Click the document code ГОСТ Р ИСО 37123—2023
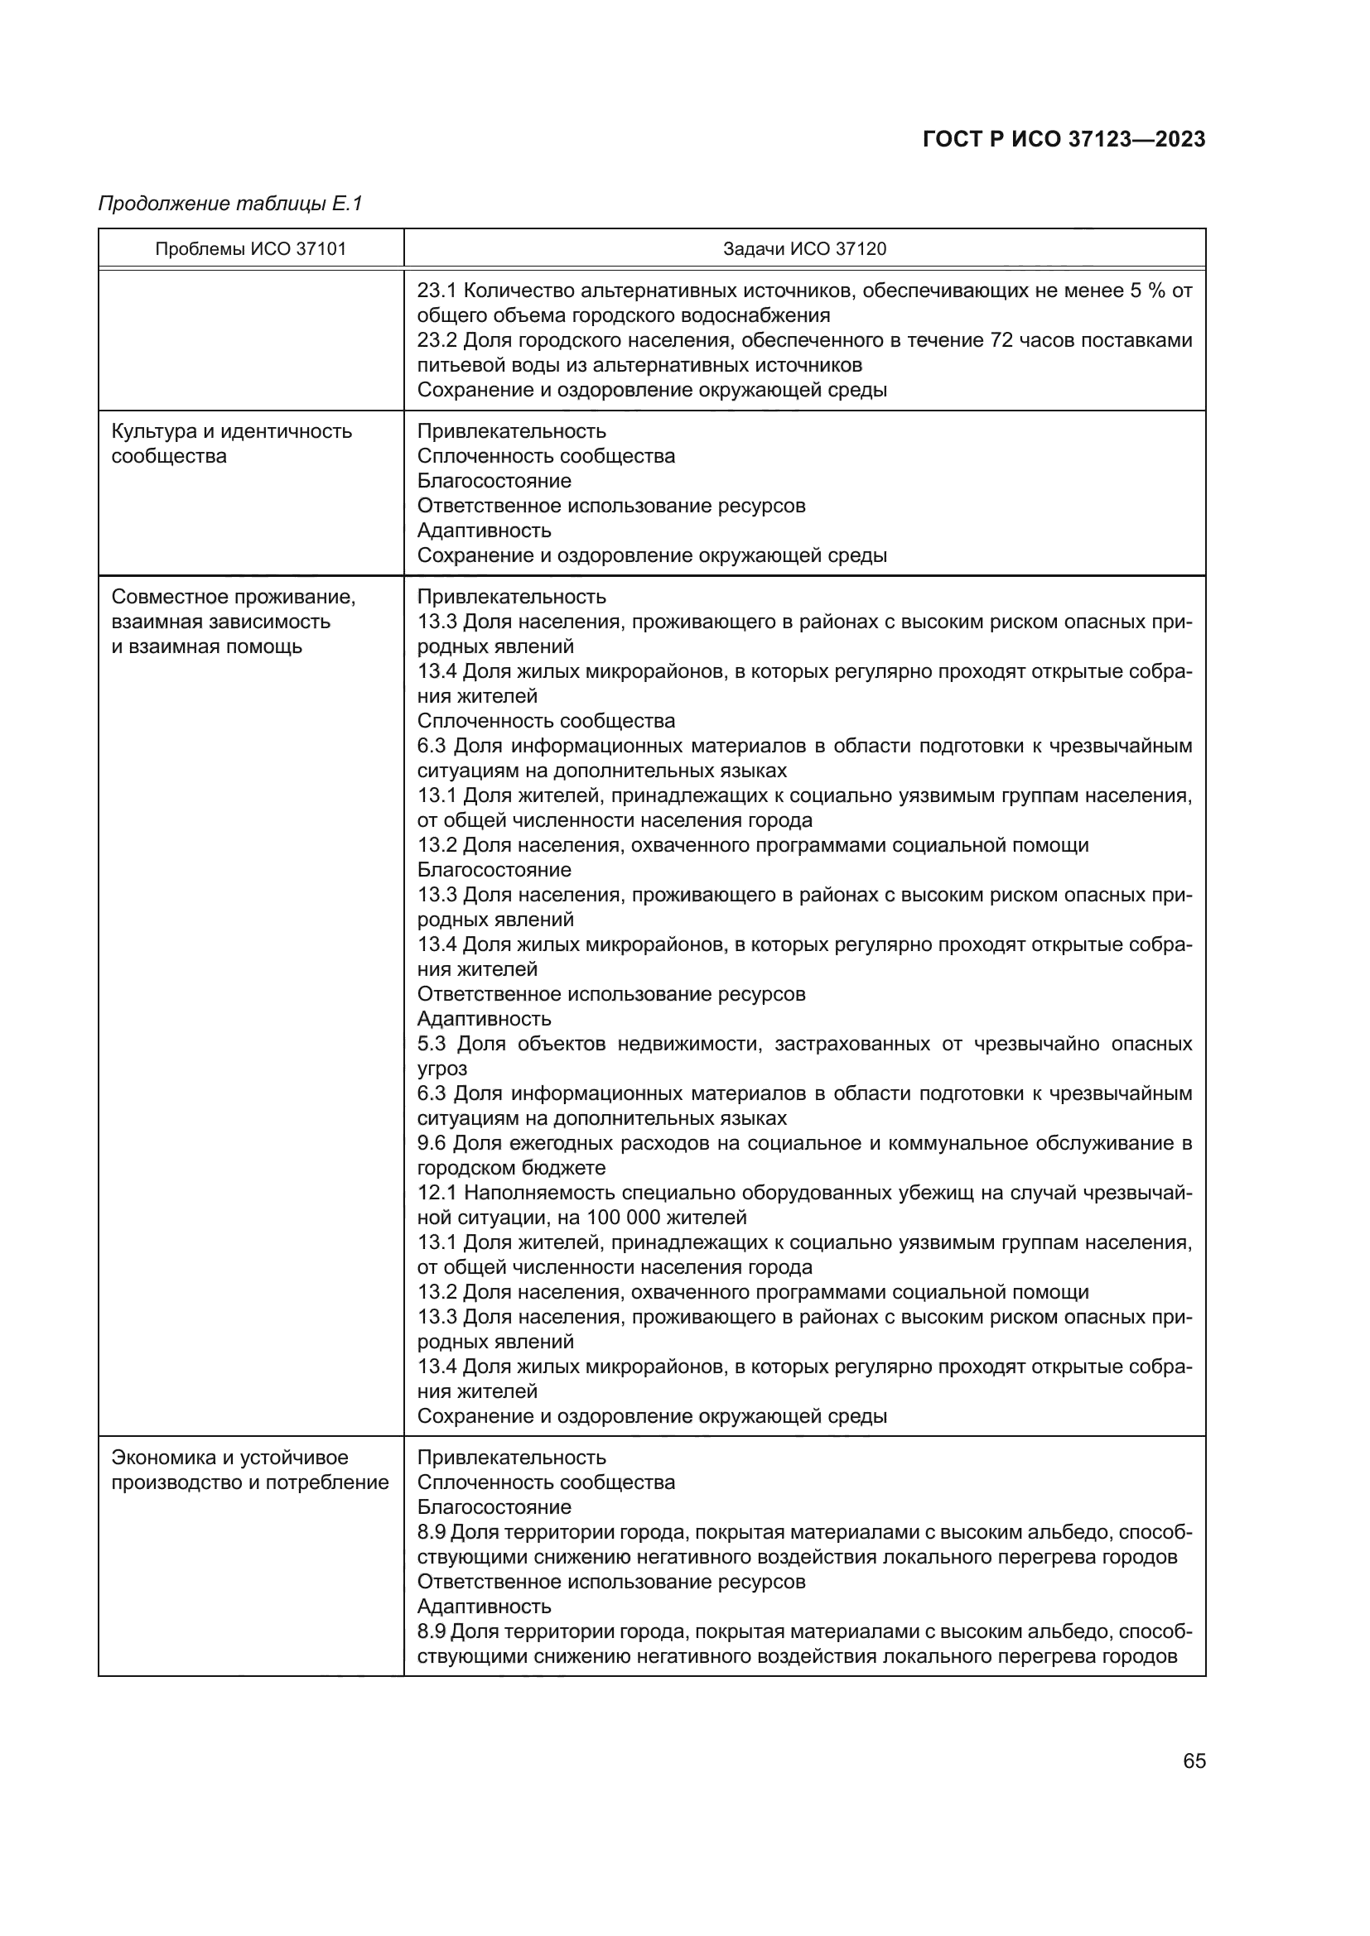(x=1064, y=139)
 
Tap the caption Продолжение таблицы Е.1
(x=229, y=204)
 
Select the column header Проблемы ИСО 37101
(x=250, y=249)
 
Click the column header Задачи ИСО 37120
(x=804, y=249)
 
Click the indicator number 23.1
(x=437, y=291)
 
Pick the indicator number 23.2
(x=437, y=341)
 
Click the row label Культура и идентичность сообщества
(x=231, y=444)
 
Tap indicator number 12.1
(x=437, y=1194)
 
